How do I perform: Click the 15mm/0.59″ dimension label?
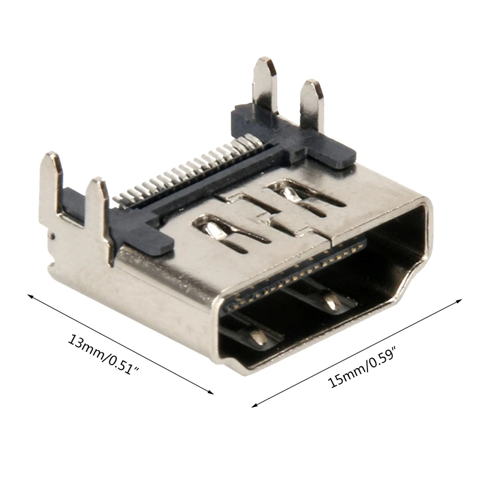tap(364, 363)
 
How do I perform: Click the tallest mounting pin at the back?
tap(265, 84)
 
